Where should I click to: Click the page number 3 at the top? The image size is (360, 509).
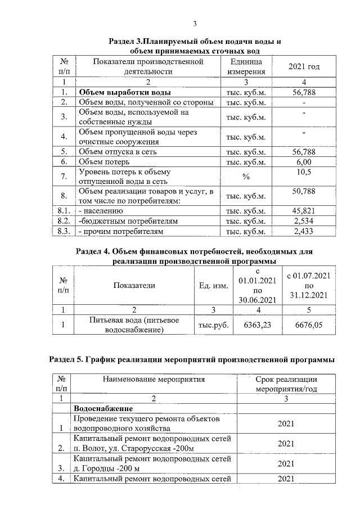point(195,24)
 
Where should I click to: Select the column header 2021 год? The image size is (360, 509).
point(304,67)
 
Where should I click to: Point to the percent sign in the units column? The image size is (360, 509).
point(245,177)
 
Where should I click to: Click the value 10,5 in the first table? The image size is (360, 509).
point(304,172)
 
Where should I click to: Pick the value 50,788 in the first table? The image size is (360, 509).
point(304,192)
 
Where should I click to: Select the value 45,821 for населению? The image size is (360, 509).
point(304,210)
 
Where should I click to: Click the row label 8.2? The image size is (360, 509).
point(63,220)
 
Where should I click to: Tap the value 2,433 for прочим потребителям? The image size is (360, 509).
point(304,231)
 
